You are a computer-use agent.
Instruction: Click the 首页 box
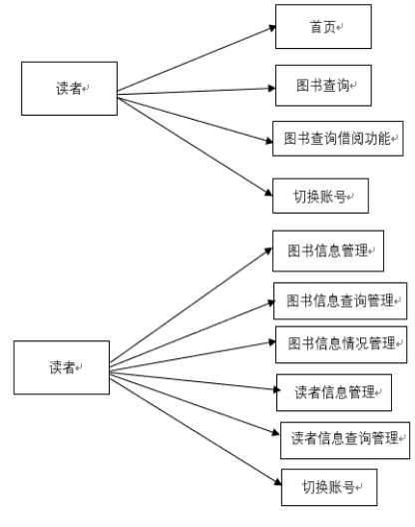(x=323, y=27)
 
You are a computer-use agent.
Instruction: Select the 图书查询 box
(x=323, y=86)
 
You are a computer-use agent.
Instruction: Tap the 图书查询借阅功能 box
(x=338, y=139)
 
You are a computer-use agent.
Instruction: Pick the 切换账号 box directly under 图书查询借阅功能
(x=320, y=196)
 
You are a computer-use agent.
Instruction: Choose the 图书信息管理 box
(x=328, y=251)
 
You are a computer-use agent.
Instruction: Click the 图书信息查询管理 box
(x=340, y=300)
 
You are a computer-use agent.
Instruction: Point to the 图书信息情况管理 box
(x=341, y=344)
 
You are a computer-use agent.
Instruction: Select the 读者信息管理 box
(x=334, y=392)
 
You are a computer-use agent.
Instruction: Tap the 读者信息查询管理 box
(x=345, y=440)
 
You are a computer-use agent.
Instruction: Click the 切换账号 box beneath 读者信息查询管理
(x=329, y=487)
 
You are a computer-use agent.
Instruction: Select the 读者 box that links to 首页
(x=69, y=89)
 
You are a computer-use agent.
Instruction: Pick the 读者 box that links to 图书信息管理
(x=62, y=367)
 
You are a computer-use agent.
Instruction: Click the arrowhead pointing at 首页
(x=272, y=29)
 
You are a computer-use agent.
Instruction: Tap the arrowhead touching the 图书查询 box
(x=271, y=89)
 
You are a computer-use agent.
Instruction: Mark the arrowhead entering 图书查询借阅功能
(x=269, y=141)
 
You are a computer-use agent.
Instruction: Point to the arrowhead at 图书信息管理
(x=268, y=252)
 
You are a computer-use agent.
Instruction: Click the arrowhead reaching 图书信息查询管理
(x=271, y=303)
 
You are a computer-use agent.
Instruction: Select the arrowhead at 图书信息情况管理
(x=272, y=342)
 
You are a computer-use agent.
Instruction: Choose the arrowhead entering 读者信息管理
(x=276, y=389)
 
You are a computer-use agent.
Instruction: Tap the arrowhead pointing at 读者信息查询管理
(x=276, y=432)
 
